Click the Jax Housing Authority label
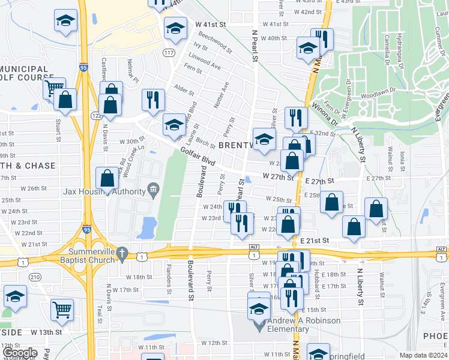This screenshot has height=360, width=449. click(x=104, y=192)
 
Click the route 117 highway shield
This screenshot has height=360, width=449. click(x=172, y=54)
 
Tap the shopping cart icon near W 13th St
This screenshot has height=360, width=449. click(x=63, y=310)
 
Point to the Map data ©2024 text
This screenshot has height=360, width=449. click(x=423, y=355)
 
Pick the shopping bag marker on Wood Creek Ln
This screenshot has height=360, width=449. click(x=107, y=179)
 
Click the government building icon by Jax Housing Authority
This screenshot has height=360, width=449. click(x=153, y=191)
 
